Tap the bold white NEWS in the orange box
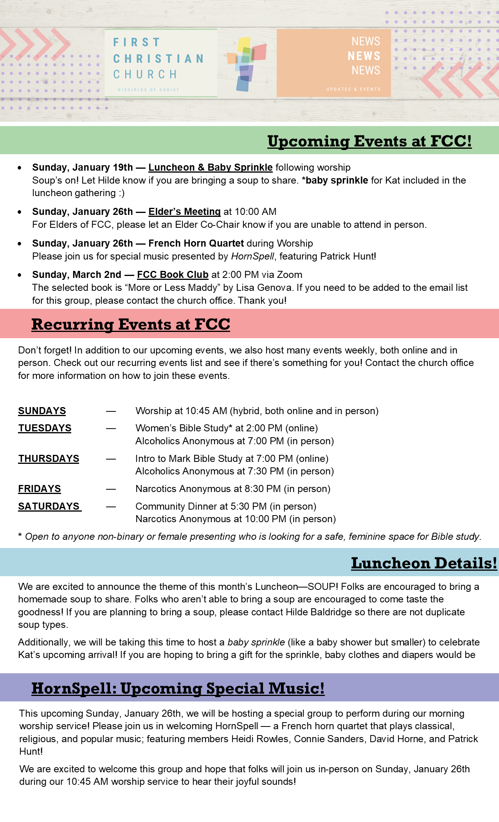pyautogui.click(x=364, y=56)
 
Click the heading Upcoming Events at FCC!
pyautogui.click(x=369, y=141)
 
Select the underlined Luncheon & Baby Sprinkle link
pyautogui.click(x=210, y=168)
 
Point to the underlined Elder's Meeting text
pyautogui.click(x=184, y=212)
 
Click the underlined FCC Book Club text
pyautogui.click(x=173, y=275)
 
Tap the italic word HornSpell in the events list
pyautogui.click(x=252, y=256)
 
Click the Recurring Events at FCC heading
pyautogui.click(x=131, y=324)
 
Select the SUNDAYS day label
pyautogui.click(x=42, y=411)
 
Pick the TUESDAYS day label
pyautogui.click(x=45, y=428)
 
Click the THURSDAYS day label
pyautogui.click(x=49, y=459)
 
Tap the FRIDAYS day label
pyautogui.click(x=40, y=489)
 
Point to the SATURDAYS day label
pyautogui.click(x=49, y=507)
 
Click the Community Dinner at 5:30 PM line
pyautogui.click(x=225, y=507)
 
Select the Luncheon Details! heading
pyautogui.click(x=424, y=563)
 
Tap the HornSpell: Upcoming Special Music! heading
pyautogui.click(x=178, y=688)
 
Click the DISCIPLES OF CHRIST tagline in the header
pyautogui.click(x=149, y=90)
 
